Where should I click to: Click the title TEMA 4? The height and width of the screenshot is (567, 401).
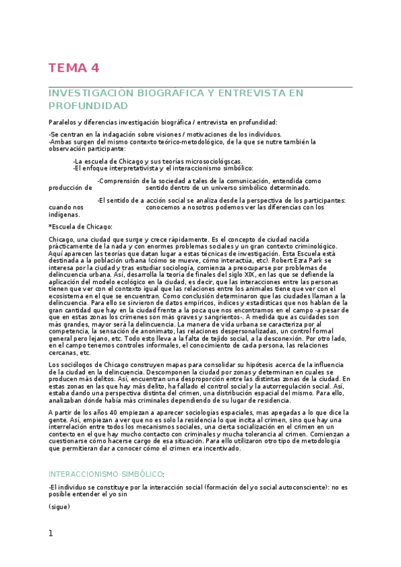74,68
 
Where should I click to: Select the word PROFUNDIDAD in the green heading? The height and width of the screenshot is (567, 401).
88,106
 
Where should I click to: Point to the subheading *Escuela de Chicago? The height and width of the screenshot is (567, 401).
80,227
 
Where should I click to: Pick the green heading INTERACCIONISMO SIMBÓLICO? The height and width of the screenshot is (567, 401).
106,473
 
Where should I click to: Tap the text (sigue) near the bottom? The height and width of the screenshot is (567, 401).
59,507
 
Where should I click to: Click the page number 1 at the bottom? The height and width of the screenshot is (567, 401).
51,533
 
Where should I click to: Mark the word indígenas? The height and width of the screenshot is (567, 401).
64,214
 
